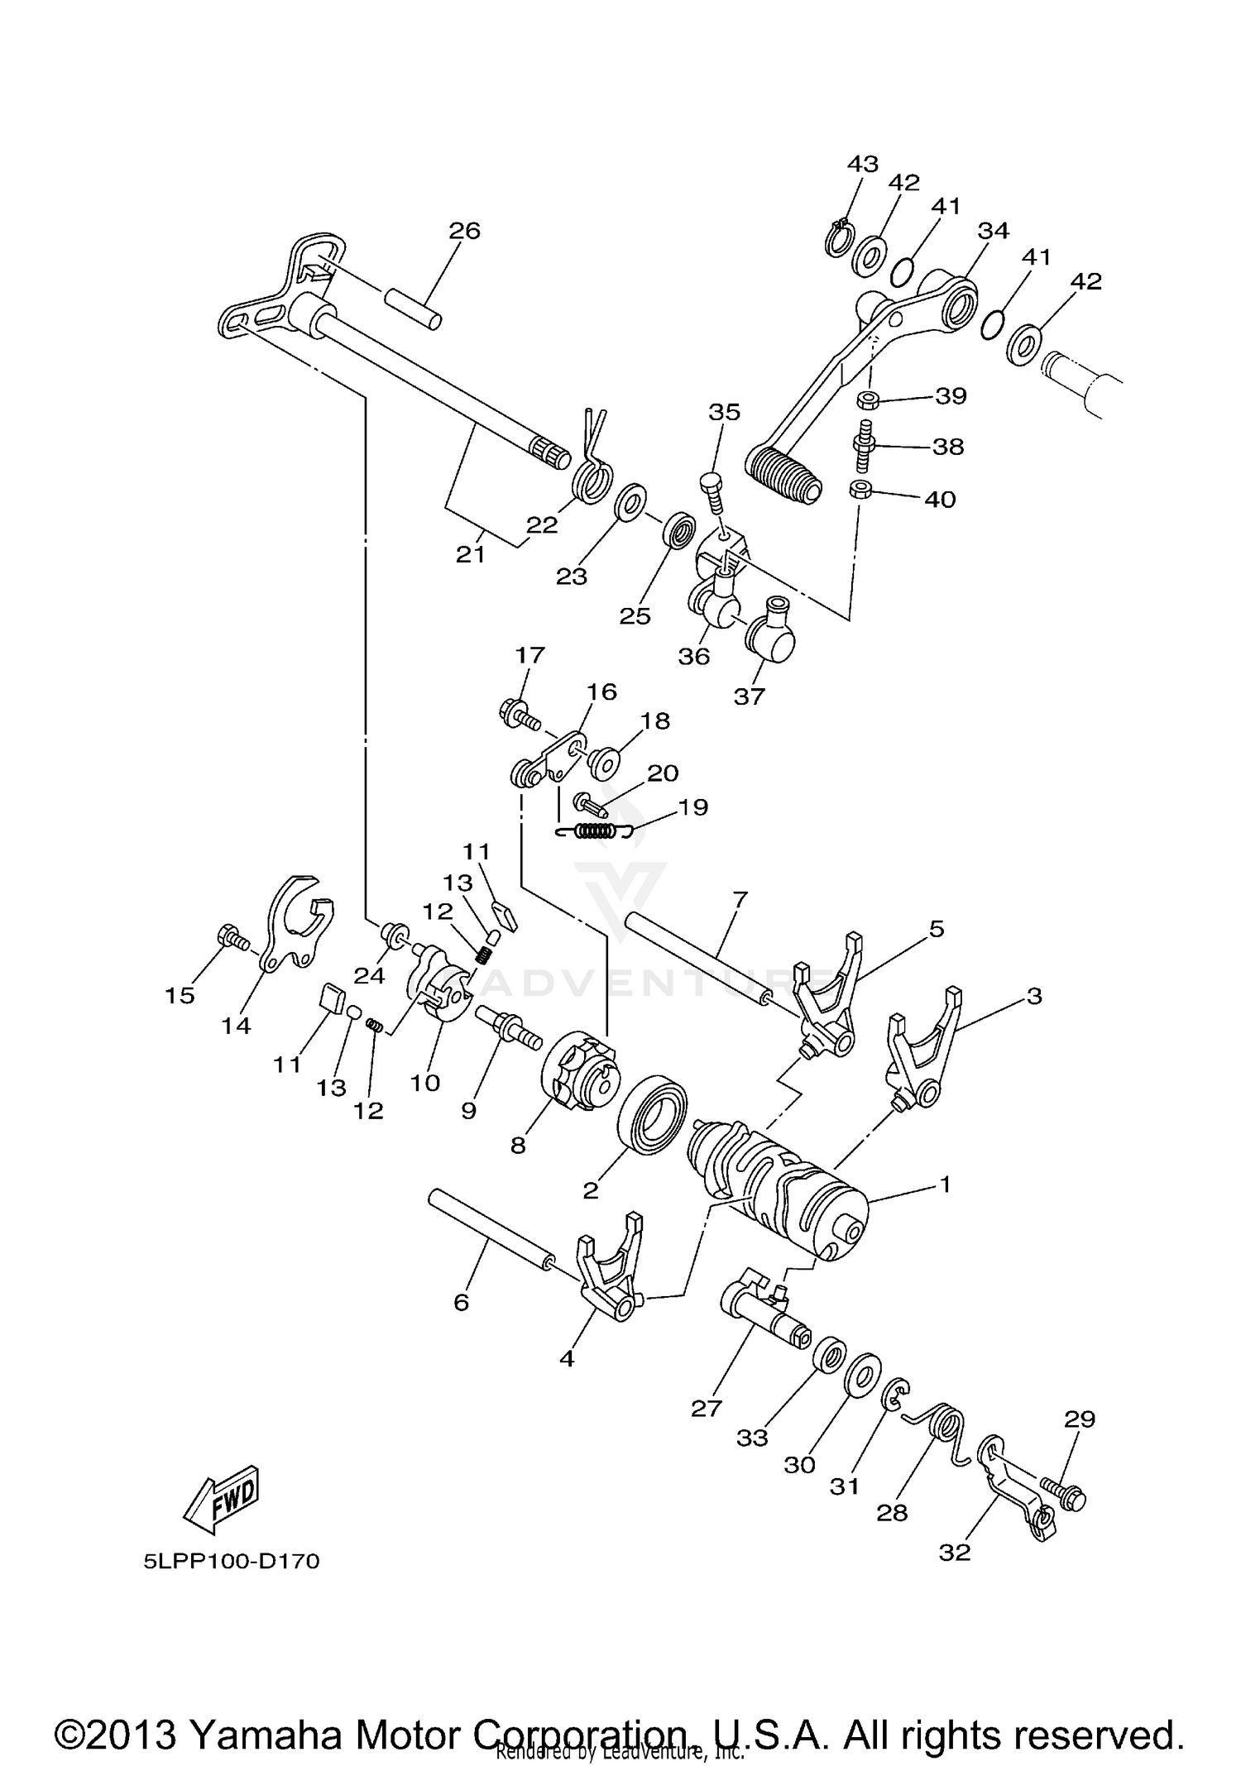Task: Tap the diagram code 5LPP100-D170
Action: (x=231, y=1562)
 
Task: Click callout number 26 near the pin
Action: (x=464, y=231)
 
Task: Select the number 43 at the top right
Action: (x=862, y=164)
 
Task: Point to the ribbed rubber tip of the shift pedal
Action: (x=783, y=474)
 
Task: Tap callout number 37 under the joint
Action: (x=750, y=696)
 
